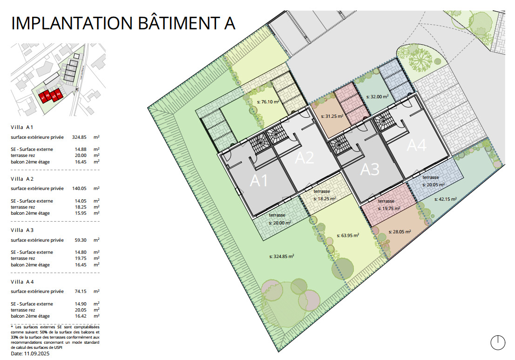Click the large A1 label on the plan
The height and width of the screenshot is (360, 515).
point(260,181)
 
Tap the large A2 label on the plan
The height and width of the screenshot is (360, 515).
point(305,158)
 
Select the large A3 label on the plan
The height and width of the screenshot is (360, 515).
point(370,170)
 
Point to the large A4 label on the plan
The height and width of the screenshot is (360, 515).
point(416,146)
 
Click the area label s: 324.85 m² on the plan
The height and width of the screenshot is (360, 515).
point(282,256)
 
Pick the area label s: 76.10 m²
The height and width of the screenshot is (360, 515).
point(268,102)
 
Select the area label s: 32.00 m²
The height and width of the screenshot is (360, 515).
point(378,97)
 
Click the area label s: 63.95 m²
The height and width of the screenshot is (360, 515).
point(348,236)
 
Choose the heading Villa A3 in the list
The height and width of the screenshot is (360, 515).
point(23,230)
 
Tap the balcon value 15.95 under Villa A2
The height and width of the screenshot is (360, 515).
point(81,213)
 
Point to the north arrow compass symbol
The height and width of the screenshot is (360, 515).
point(498,342)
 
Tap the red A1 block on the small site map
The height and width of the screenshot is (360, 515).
point(43,98)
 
